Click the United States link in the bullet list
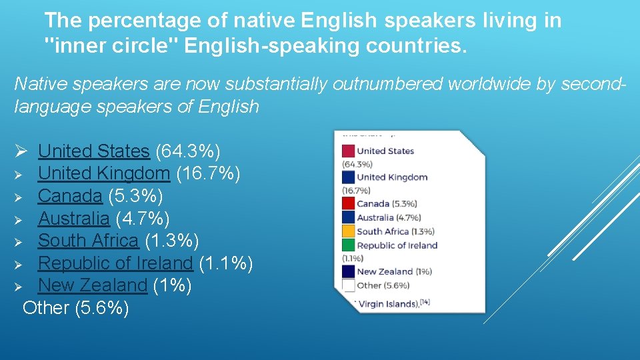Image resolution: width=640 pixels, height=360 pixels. point(93,151)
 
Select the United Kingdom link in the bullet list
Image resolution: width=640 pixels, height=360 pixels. point(104,174)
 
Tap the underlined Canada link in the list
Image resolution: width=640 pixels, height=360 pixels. point(69,196)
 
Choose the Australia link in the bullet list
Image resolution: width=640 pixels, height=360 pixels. point(73,218)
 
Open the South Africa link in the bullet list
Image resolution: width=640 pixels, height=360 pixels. point(88,241)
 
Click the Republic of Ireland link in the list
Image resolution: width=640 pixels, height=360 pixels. point(115,263)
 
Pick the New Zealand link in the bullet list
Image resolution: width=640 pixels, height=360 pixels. point(92,285)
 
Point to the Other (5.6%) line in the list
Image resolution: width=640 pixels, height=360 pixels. point(75,308)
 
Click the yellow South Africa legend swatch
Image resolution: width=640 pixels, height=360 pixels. point(348,231)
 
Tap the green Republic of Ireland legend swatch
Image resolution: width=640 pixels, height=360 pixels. point(348,245)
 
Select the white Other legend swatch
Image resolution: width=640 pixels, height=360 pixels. point(348,285)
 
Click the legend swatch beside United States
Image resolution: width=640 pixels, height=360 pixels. point(348,151)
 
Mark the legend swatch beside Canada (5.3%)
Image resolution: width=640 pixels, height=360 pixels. point(348,204)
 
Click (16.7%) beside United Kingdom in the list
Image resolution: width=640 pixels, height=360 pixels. point(208,174)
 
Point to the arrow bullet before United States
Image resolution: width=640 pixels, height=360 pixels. point(21,152)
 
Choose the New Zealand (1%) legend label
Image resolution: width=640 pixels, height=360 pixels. point(394,271)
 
